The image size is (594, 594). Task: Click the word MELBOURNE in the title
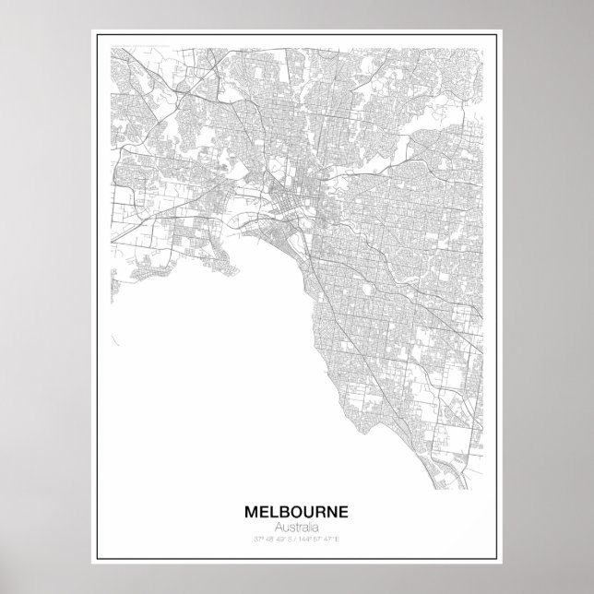coord(297,510)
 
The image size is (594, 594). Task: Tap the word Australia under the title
coord(297,526)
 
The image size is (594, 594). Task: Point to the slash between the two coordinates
coord(297,537)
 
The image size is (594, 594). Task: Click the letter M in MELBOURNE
coord(250,510)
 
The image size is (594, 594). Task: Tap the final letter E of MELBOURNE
coord(345,510)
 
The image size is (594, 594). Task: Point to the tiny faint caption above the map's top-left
coord(138,42)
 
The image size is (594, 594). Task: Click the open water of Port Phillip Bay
coord(203,369)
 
